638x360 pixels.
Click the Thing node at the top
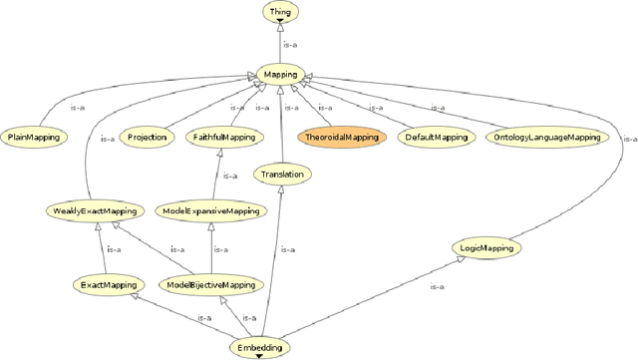click(x=279, y=12)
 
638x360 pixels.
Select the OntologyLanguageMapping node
click(x=546, y=137)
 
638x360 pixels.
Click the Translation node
click(x=281, y=175)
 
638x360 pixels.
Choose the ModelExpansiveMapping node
click(x=213, y=210)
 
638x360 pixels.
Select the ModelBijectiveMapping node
click(x=210, y=285)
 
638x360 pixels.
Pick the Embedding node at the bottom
click(x=259, y=347)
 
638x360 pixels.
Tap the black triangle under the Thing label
click(x=279, y=20)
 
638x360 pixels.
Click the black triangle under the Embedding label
click(x=259, y=355)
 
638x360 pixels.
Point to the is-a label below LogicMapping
click(x=436, y=287)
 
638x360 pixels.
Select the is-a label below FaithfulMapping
click(x=229, y=176)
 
